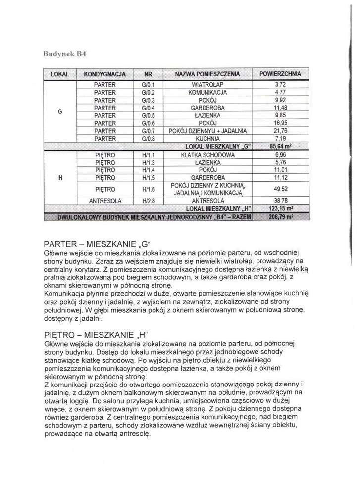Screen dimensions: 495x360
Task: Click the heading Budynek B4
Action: pos(66,53)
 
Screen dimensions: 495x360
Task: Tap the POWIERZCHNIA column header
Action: pos(280,74)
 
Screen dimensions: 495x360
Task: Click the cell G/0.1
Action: pos(148,85)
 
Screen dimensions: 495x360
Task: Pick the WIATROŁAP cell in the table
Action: pos(207,85)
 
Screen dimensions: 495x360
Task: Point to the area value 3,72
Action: pos(280,85)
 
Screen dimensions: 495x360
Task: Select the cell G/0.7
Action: pos(148,131)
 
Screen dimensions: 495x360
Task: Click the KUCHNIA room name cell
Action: pos(207,139)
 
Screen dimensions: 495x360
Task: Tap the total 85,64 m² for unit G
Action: pos(280,147)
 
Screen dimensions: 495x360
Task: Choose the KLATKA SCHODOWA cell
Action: pos(207,155)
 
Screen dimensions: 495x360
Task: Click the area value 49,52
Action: pos(280,189)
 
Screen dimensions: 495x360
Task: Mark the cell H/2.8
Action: pos(148,201)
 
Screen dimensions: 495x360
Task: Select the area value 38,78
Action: pos(280,201)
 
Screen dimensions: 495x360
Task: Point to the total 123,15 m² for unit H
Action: pos(280,209)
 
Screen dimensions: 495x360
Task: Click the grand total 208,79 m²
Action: pos(280,217)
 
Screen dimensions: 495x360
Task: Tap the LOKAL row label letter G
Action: pos(60,111)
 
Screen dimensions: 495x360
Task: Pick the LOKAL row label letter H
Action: pos(60,177)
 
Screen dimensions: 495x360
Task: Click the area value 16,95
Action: pos(280,123)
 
